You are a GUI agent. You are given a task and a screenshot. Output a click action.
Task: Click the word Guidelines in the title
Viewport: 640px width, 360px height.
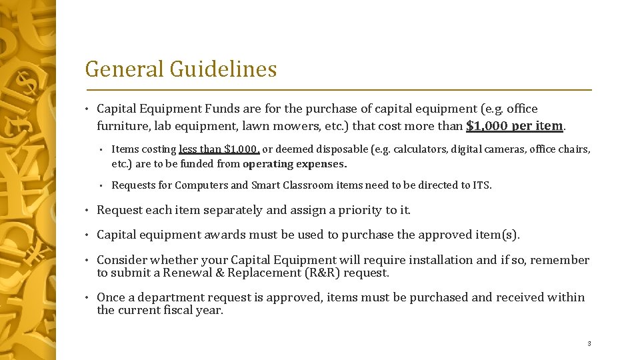pos(223,69)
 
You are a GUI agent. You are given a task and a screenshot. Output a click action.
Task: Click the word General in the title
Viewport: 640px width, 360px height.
pos(125,69)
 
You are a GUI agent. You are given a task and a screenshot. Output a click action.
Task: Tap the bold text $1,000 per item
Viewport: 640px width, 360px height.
pos(515,125)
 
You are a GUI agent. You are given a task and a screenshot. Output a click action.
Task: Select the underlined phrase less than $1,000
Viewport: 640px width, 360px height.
pos(219,149)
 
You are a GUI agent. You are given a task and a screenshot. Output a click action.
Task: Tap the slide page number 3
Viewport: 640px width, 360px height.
pos(589,344)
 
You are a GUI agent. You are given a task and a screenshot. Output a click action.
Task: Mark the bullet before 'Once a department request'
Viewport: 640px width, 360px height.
pos(88,298)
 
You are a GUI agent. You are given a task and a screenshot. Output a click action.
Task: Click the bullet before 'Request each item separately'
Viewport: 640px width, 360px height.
pos(88,211)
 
